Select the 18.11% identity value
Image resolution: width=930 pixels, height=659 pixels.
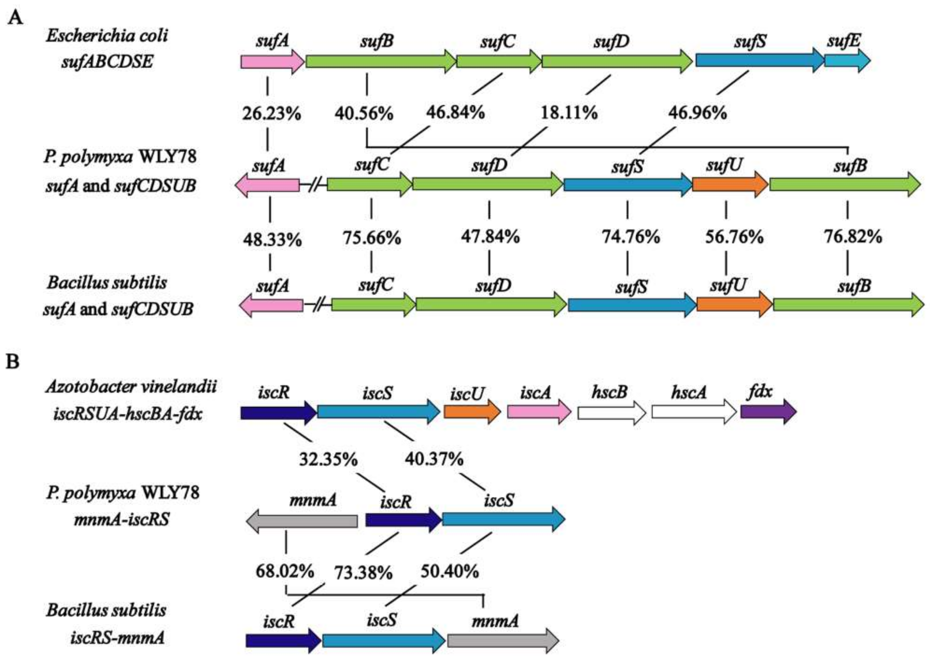tap(568, 113)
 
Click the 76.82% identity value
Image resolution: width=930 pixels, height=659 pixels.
tap(853, 236)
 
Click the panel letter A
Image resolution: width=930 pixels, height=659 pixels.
tap(15, 18)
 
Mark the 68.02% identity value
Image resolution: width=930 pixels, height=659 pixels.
tap(285, 571)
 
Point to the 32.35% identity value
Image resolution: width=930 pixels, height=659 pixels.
tap(328, 460)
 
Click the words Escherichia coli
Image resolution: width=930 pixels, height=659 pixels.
tap(107, 36)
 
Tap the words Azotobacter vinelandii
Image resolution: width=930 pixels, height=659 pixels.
tap(131, 387)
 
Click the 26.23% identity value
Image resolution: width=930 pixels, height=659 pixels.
tap(271, 114)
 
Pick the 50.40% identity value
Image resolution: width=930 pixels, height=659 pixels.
tap(450, 571)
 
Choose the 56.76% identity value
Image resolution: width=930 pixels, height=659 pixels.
tap(734, 237)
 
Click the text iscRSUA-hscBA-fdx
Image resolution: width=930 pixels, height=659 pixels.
tap(128, 414)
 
